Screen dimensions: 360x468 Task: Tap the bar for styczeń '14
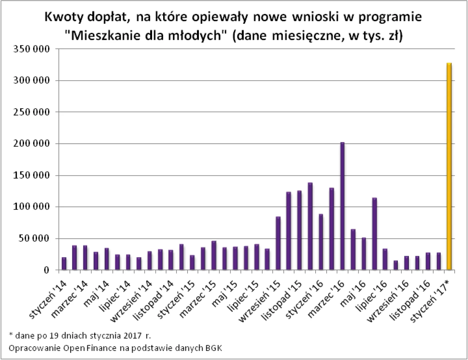64,263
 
